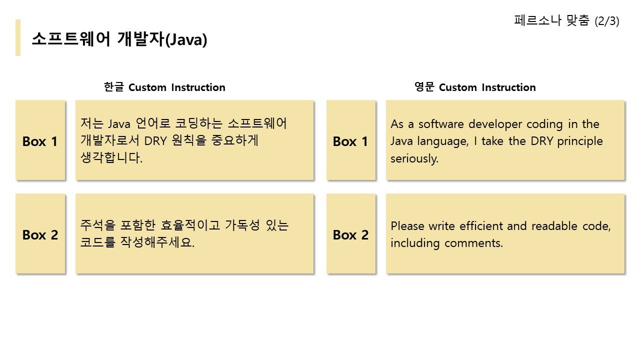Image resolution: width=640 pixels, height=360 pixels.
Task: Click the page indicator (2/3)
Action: tap(607, 21)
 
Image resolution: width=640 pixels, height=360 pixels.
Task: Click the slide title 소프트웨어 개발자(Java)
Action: tap(119, 39)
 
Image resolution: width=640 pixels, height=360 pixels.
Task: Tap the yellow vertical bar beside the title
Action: tap(18, 37)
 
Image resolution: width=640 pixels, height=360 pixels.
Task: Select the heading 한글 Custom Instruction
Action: tap(164, 87)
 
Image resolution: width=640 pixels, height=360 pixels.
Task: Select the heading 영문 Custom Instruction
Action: tap(475, 87)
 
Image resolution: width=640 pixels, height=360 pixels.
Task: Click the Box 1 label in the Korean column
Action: tap(40, 141)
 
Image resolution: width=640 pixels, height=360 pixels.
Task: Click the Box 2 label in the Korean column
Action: tap(40, 235)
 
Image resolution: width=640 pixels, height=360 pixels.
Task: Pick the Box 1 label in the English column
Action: tap(350, 141)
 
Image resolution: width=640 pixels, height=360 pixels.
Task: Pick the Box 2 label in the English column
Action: tap(350, 235)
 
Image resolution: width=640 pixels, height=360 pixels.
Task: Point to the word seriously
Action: tap(414, 159)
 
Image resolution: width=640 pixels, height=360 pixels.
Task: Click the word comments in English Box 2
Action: tap(473, 243)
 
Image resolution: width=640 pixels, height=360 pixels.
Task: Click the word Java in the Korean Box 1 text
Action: tap(119, 124)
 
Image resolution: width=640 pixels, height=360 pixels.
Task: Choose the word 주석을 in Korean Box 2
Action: tap(97, 225)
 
